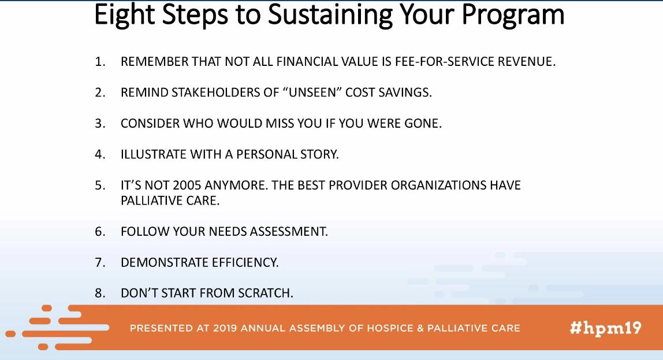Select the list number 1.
tap(99, 62)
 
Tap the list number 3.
tap(99, 124)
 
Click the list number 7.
tap(99, 262)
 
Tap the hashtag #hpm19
tap(605, 328)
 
